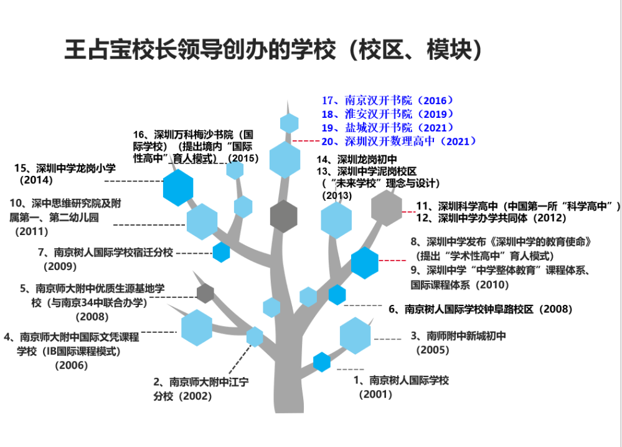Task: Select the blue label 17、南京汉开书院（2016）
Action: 387,100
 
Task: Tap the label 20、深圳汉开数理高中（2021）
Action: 399,142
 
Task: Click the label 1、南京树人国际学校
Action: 401,380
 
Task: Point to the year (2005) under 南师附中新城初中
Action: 433,350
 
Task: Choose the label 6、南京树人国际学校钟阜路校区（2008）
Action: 480,309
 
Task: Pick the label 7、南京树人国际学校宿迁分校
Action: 105,252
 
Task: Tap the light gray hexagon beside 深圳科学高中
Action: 387,208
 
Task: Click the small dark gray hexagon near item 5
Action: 205,293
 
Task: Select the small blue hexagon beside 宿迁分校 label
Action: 221,252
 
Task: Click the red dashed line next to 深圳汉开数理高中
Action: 305,142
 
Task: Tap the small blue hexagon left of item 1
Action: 321,362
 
